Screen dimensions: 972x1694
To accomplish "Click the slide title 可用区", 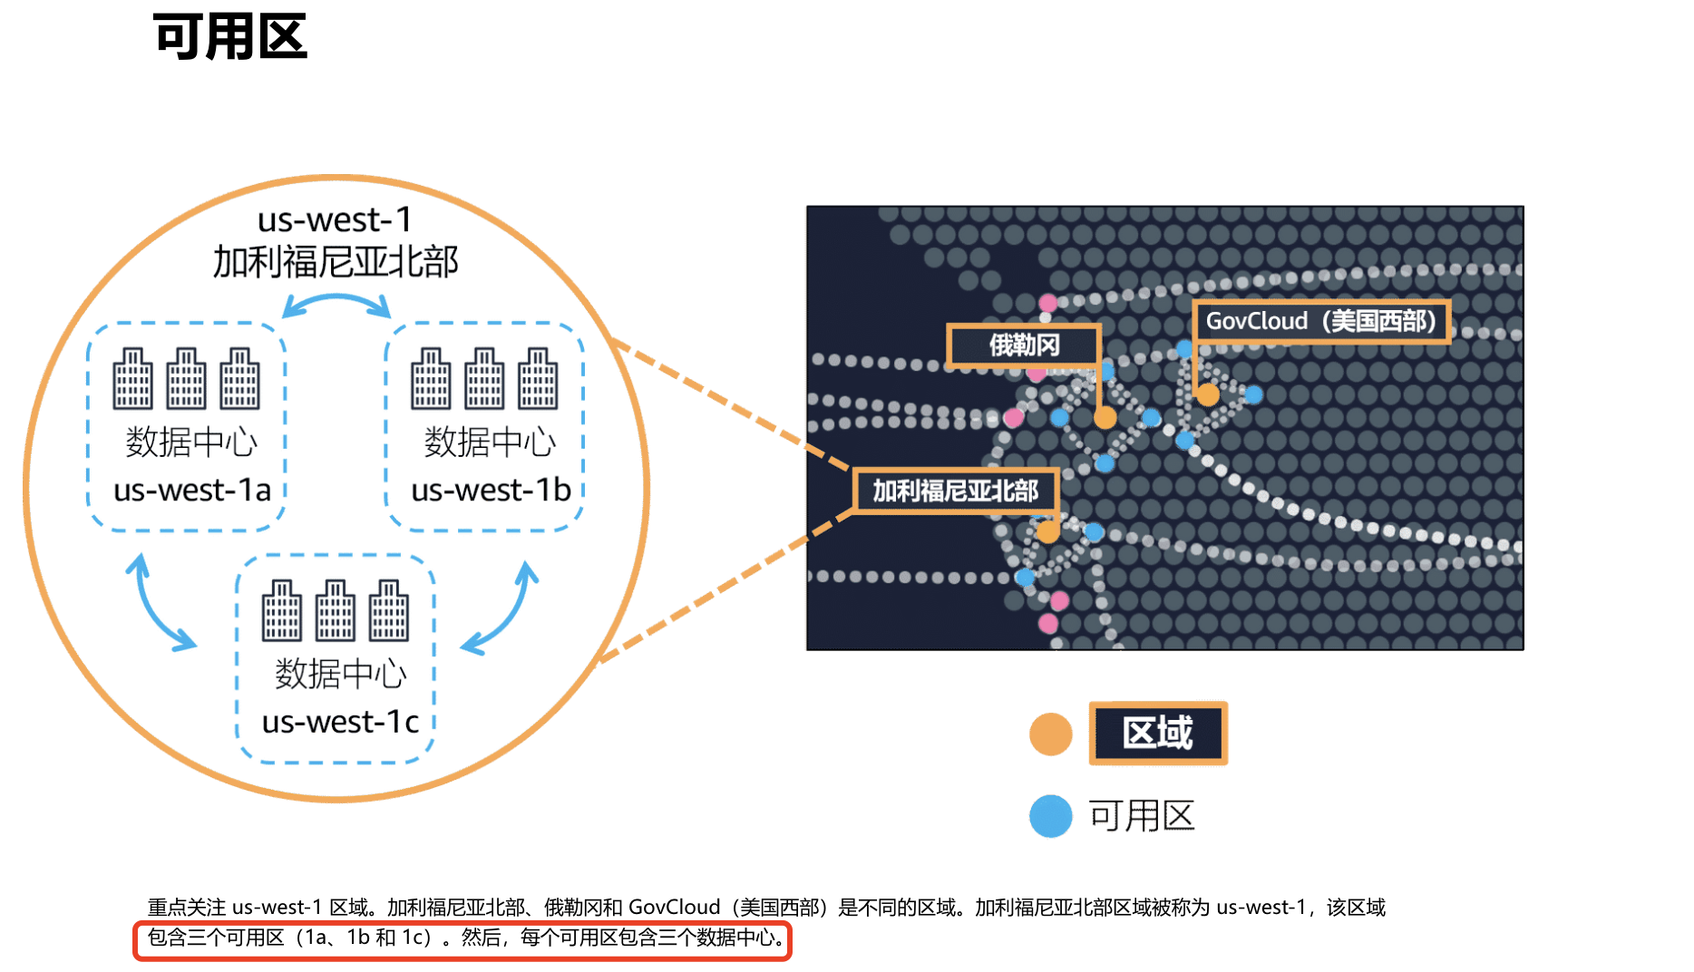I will click(230, 37).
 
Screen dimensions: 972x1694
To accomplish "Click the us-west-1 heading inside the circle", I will click(335, 220).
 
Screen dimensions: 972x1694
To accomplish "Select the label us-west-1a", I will click(192, 491).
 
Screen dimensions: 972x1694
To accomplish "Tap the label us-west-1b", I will click(491, 491).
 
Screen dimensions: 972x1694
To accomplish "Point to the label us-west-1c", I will click(340, 723).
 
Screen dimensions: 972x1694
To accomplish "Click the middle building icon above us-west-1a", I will click(186, 379).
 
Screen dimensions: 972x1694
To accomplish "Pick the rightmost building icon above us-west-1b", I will click(538, 379).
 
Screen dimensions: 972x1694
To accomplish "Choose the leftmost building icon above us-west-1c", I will click(281, 611).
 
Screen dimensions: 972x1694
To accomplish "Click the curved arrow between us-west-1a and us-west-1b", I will click(336, 304).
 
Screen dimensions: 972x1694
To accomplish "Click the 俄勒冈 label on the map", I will click(1024, 345).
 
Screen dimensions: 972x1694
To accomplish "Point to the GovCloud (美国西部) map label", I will click(1320, 321).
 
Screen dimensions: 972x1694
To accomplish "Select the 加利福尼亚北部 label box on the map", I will click(955, 491).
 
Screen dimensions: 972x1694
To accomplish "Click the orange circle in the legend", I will click(1050, 734).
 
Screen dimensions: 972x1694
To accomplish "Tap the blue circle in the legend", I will click(1050, 816).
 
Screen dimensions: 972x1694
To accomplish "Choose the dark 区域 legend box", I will click(1158, 734).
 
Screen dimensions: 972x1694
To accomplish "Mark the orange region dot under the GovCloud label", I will click(1207, 395).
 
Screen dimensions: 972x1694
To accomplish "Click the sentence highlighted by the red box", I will click(462, 938).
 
